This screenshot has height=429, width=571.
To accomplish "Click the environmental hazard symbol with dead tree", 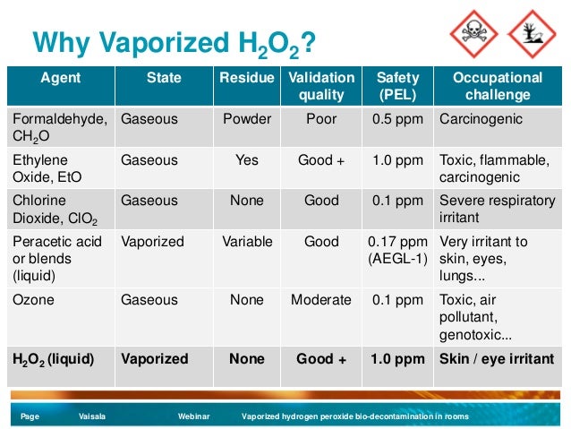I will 533,33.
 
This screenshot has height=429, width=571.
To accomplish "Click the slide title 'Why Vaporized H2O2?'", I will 175,42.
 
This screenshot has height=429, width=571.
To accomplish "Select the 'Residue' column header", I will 246,78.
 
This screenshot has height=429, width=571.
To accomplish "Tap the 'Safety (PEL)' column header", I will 397,86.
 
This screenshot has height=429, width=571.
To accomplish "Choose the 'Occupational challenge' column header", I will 498,86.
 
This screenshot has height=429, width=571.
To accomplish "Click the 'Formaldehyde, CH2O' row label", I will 59,126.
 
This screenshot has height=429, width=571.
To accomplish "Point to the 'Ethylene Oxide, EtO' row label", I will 48,168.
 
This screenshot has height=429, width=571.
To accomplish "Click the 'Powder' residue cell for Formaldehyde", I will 246,118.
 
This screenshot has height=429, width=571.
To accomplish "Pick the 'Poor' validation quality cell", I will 321,118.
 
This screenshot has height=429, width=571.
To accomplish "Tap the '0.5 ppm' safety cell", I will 397,118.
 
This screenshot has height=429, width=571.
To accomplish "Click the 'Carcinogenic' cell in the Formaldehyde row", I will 482,118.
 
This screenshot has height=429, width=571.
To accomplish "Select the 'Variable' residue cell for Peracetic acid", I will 246,242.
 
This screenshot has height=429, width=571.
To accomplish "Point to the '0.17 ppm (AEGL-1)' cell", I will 397,250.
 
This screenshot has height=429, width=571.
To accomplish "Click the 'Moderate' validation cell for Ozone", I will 321,300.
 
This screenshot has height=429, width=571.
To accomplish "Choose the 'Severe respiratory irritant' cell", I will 497,209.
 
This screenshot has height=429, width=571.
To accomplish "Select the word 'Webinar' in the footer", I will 194,416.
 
